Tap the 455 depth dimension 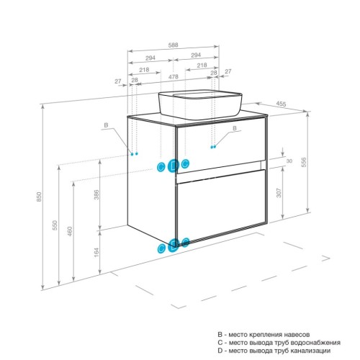pyautogui.click(x=281, y=105)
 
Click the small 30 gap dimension pyautogui.click(x=289, y=161)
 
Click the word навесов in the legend pyautogui.click(x=295, y=336)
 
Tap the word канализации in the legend pyautogui.click(x=307, y=351)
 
